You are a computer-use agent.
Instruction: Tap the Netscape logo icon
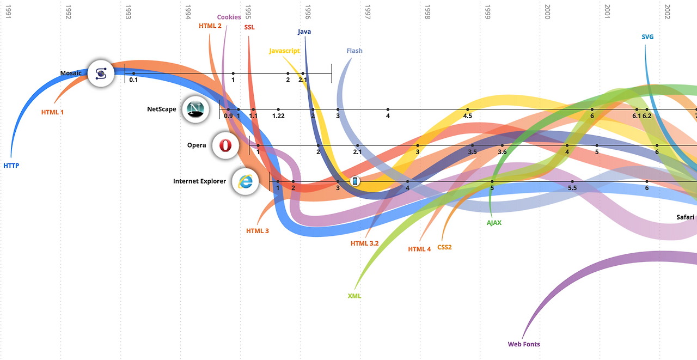[x=195, y=109]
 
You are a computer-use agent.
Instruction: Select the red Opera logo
[x=225, y=145]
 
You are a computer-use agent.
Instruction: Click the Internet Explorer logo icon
[x=246, y=181]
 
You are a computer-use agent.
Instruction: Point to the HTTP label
[x=11, y=165]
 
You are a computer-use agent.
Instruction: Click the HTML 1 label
[x=52, y=112]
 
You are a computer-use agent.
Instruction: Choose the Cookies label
[x=229, y=17]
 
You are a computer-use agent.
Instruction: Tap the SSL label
[x=249, y=27]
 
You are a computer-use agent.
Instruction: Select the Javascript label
[x=284, y=51]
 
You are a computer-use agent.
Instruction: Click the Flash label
[x=354, y=51]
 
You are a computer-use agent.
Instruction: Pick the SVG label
[x=647, y=37]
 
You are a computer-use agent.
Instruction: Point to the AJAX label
[x=494, y=222]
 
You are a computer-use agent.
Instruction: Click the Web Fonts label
[x=524, y=344]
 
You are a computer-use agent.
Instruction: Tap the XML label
[x=354, y=296]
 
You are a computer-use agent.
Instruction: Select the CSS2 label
[x=444, y=247]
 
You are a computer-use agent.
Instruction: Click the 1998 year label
[x=427, y=12]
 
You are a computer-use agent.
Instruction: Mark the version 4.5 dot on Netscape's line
[x=468, y=109]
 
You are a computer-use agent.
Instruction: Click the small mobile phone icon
[x=354, y=181]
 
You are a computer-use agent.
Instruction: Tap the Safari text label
[x=685, y=217]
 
